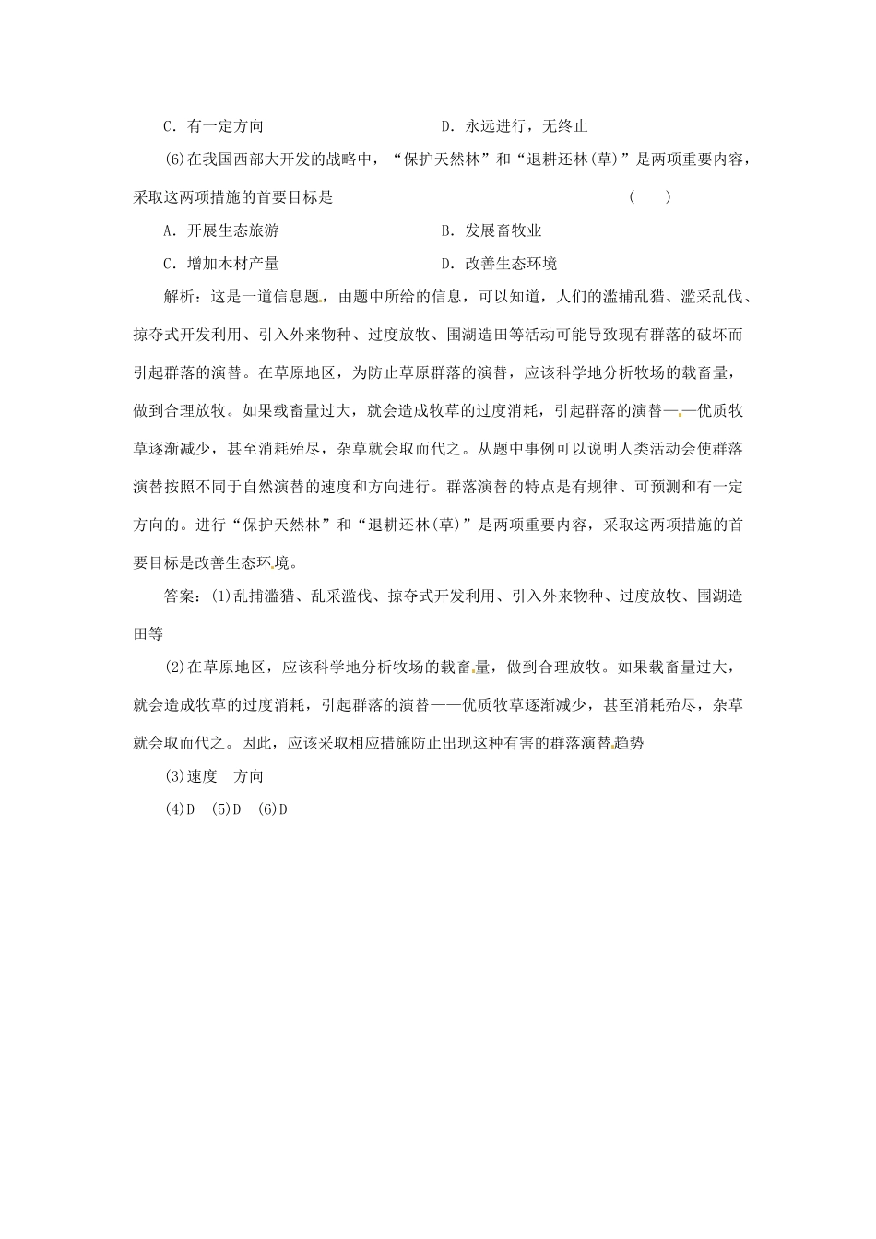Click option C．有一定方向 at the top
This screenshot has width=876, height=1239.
tap(213, 126)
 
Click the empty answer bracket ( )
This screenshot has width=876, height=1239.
tap(648, 196)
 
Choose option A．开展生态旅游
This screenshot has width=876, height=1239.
tap(220, 230)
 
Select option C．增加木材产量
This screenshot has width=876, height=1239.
tap(220, 264)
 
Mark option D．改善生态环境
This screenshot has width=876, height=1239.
tap(499, 264)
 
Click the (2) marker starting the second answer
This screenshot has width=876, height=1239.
tap(173, 667)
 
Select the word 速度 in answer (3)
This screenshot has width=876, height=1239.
tap(202, 776)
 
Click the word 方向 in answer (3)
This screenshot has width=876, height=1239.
tap(249, 776)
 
